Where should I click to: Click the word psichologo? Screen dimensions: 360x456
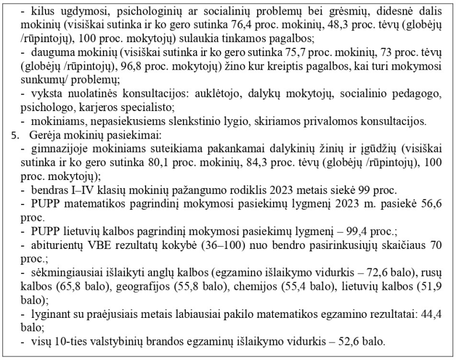click(43, 108)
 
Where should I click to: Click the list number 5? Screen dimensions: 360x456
click(16, 135)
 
